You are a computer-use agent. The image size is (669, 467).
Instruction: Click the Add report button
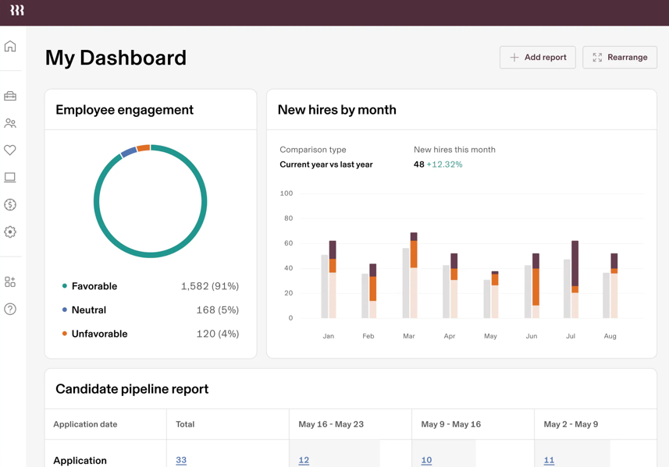537,57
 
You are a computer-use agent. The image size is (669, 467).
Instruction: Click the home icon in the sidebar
10,47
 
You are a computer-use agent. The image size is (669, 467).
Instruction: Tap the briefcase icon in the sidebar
10,97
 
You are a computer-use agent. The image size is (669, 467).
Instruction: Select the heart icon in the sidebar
10,150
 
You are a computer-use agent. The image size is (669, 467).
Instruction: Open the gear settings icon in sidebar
10,232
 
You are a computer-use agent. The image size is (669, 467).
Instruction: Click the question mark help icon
10,309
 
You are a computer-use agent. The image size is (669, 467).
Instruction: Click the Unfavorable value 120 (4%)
217,334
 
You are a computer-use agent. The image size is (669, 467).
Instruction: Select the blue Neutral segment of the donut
129,152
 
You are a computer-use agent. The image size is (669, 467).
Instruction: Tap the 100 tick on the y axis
286,193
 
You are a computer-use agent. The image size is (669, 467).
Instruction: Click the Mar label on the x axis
409,336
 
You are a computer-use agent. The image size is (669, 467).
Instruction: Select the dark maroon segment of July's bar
575,263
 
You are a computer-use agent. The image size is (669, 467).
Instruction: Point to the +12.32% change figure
444,165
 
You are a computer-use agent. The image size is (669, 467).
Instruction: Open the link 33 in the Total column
181,460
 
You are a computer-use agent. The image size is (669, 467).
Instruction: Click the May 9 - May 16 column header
450,424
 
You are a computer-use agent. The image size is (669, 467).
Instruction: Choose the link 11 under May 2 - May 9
549,460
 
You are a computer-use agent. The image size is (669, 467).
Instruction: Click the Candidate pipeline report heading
132,388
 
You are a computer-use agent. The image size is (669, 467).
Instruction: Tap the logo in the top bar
17,10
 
